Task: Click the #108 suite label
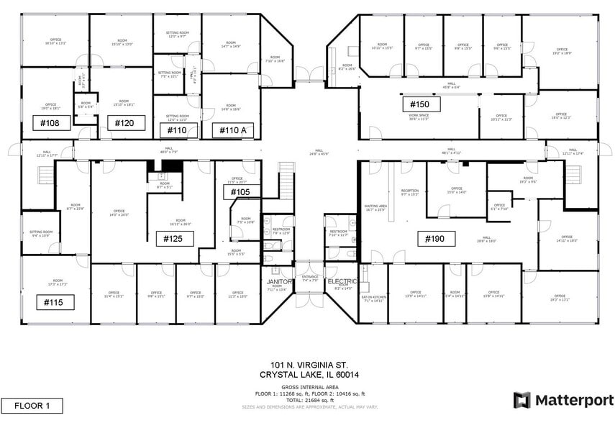pos(49,123)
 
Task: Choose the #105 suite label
pos(240,192)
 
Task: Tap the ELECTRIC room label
pos(340,282)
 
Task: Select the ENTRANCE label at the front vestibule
pos(310,276)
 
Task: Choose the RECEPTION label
pos(410,192)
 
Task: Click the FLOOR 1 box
pos(32,405)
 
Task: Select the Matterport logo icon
pos(521,399)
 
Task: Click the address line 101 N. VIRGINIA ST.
pos(309,365)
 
